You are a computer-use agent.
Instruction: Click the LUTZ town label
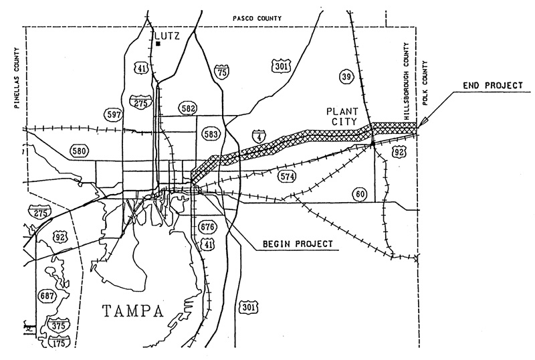coord(167,35)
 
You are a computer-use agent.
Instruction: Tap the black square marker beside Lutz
coord(158,43)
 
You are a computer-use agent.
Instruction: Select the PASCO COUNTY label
coord(257,19)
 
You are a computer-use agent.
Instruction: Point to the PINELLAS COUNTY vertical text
coord(17,78)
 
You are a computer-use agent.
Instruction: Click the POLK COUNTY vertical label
coord(425,83)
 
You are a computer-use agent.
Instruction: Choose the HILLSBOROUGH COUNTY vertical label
coord(407,81)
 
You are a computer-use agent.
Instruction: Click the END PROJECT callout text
coord(493,86)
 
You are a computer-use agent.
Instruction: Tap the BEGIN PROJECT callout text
coord(298,244)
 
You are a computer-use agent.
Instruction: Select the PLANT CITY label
coord(342,116)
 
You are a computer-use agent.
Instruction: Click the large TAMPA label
coord(133,311)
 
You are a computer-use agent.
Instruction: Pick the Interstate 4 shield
coord(259,137)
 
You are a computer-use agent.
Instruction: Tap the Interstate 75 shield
coord(221,72)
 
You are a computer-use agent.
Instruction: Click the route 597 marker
coord(114,114)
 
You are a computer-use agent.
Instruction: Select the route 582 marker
coord(188,108)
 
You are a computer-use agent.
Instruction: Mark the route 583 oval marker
coord(211,134)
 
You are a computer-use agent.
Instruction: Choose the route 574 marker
coord(287,176)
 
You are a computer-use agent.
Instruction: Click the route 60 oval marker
coord(360,194)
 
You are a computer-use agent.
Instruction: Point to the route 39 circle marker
coord(346,76)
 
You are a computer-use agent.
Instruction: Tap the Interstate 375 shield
coord(59,325)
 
